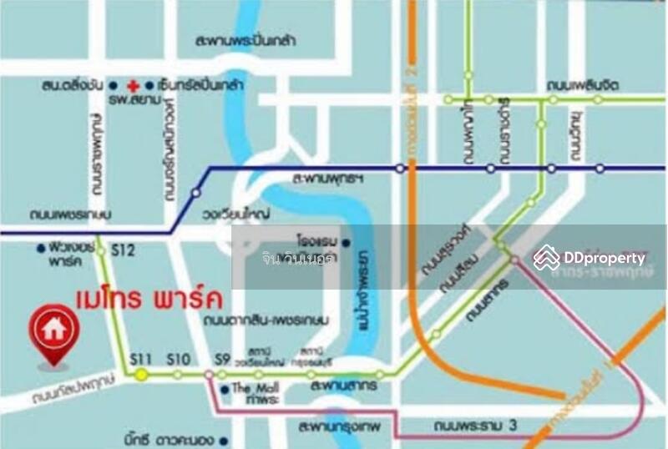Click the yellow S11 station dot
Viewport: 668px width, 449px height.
pyautogui.click(x=142, y=375)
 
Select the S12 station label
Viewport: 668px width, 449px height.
pyautogui.click(x=123, y=250)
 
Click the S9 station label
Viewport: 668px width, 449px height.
pyautogui.click(x=221, y=360)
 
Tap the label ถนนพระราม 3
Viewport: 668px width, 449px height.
pyautogui.click(x=476, y=426)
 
